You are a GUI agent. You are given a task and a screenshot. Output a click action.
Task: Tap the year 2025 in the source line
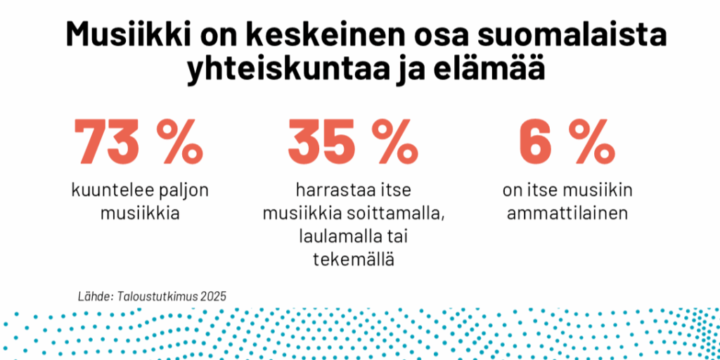(x=213, y=296)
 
